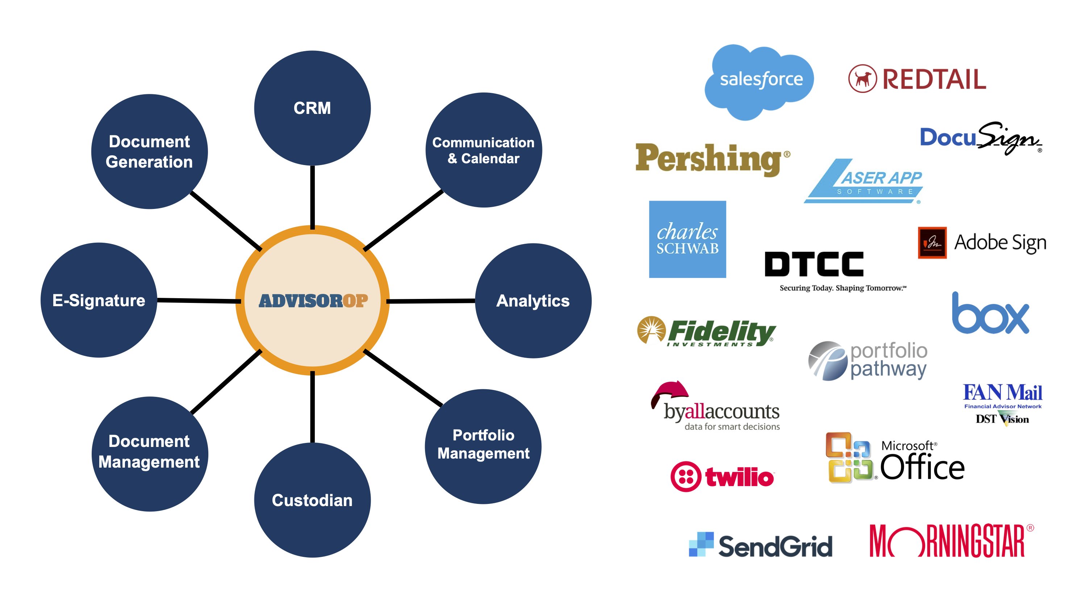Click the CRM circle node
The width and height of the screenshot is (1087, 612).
click(x=312, y=108)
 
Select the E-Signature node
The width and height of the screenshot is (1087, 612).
click(x=99, y=300)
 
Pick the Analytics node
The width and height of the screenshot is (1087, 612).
click(x=533, y=301)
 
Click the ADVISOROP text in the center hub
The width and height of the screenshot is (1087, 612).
click(x=313, y=301)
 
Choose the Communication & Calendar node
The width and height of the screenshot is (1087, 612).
click(x=484, y=150)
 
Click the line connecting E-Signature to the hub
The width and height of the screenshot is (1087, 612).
click(x=198, y=301)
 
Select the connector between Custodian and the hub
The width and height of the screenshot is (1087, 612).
click(x=312, y=408)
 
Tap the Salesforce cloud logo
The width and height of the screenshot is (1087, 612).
click(x=759, y=80)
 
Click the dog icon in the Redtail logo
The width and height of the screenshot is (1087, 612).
click(x=862, y=79)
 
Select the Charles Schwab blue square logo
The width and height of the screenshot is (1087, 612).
click(x=687, y=239)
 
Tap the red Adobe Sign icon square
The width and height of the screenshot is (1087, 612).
click(x=932, y=242)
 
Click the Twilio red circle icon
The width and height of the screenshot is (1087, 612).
click(x=686, y=476)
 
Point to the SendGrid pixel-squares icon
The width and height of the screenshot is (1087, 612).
click(x=701, y=544)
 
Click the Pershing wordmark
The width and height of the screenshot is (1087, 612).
click(x=709, y=159)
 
